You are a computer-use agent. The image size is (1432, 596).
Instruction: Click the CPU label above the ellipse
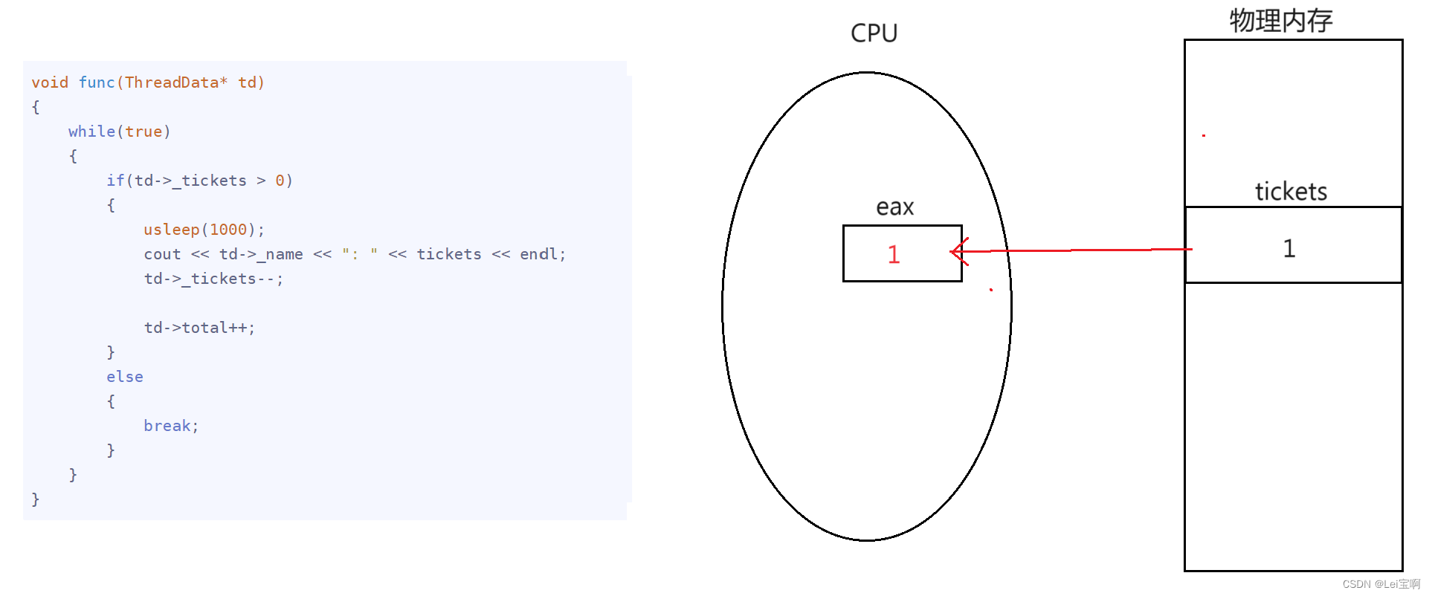pyautogui.click(x=874, y=33)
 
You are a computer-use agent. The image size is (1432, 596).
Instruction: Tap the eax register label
pyautogui.click(x=894, y=207)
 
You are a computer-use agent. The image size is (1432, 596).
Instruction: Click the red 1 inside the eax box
pyautogui.click(x=894, y=255)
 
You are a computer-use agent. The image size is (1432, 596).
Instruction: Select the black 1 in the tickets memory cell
pyautogui.click(x=1289, y=248)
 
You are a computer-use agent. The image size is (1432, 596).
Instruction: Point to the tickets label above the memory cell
pyautogui.click(x=1291, y=192)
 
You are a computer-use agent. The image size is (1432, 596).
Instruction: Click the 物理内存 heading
pyautogui.click(x=1280, y=21)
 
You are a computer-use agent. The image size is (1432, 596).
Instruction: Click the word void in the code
pyautogui.click(x=50, y=82)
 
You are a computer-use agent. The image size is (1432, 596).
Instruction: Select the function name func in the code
pyautogui.click(x=97, y=82)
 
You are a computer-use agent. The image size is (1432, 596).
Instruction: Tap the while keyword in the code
pyautogui.click(x=91, y=132)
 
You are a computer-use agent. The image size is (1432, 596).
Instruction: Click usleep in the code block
pyautogui.click(x=171, y=230)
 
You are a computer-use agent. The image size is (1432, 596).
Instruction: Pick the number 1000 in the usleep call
pyautogui.click(x=228, y=230)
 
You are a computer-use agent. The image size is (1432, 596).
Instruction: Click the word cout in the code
pyautogui.click(x=162, y=254)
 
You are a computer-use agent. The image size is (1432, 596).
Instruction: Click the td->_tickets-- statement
pyautogui.click(x=213, y=279)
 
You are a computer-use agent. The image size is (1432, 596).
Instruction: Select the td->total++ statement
pyautogui.click(x=199, y=328)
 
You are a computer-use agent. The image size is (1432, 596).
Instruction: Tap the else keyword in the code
pyautogui.click(x=124, y=377)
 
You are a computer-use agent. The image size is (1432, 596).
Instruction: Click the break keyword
pyautogui.click(x=167, y=426)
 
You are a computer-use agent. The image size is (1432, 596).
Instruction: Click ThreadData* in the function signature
pyautogui.click(x=176, y=82)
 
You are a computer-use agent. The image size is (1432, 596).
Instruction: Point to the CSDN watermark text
pyautogui.click(x=1381, y=584)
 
